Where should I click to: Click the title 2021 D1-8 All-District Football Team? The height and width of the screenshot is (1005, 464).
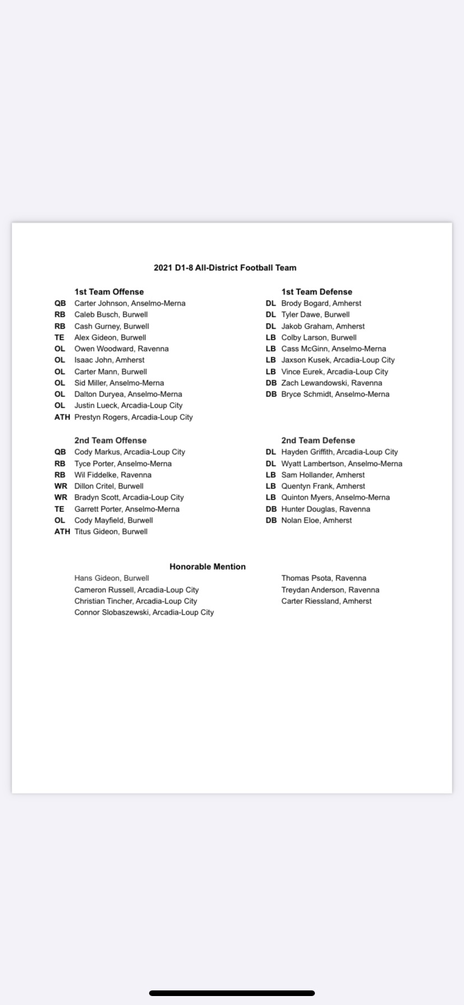click(225, 268)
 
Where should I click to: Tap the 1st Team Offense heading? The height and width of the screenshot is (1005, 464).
click(109, 292)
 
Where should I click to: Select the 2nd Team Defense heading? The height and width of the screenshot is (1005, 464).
click(318, 440)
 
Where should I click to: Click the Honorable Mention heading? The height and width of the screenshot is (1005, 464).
click(207, 566)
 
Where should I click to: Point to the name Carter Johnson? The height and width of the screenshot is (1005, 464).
click(101, 303)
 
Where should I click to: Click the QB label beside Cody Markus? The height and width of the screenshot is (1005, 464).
click(60, 452)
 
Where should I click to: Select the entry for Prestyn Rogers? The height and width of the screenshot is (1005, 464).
click(133, 417)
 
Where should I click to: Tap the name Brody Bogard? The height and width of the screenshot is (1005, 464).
click(305, 303)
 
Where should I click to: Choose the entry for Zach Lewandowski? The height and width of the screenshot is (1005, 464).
click(331, 383)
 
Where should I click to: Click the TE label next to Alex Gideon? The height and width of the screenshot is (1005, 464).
click(59, 338)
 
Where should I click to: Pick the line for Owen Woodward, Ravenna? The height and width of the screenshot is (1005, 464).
click(121, 349)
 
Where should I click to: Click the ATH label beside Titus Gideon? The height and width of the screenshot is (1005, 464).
click(62, 532)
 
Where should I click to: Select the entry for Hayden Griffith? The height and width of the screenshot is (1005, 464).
click(339, 452)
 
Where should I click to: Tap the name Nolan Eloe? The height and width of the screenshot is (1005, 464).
click(301, 520)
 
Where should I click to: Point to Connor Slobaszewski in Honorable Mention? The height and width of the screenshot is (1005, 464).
click(144, 612)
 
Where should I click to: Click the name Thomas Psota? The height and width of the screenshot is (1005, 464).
click(307, 578)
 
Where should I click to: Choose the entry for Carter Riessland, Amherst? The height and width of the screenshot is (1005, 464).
click(326, 601)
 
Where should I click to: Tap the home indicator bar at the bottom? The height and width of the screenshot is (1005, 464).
click(231, 993)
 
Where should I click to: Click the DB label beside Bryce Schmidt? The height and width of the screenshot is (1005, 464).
click(271, 394)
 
